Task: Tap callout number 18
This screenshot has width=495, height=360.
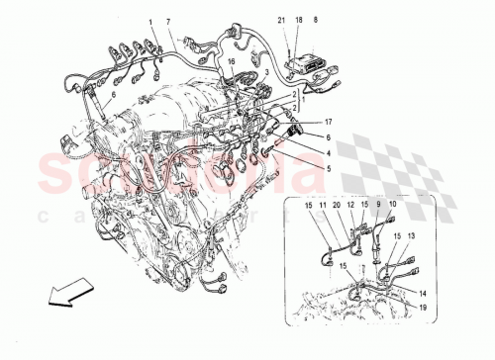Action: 299,20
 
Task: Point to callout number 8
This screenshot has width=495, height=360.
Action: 315,20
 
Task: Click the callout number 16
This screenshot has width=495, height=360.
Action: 232,61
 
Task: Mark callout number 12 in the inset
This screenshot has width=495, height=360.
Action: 349,205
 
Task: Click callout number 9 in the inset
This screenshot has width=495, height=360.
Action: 378,205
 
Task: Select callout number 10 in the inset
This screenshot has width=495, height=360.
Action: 392,205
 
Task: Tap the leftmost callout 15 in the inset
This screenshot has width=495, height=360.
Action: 308,205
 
